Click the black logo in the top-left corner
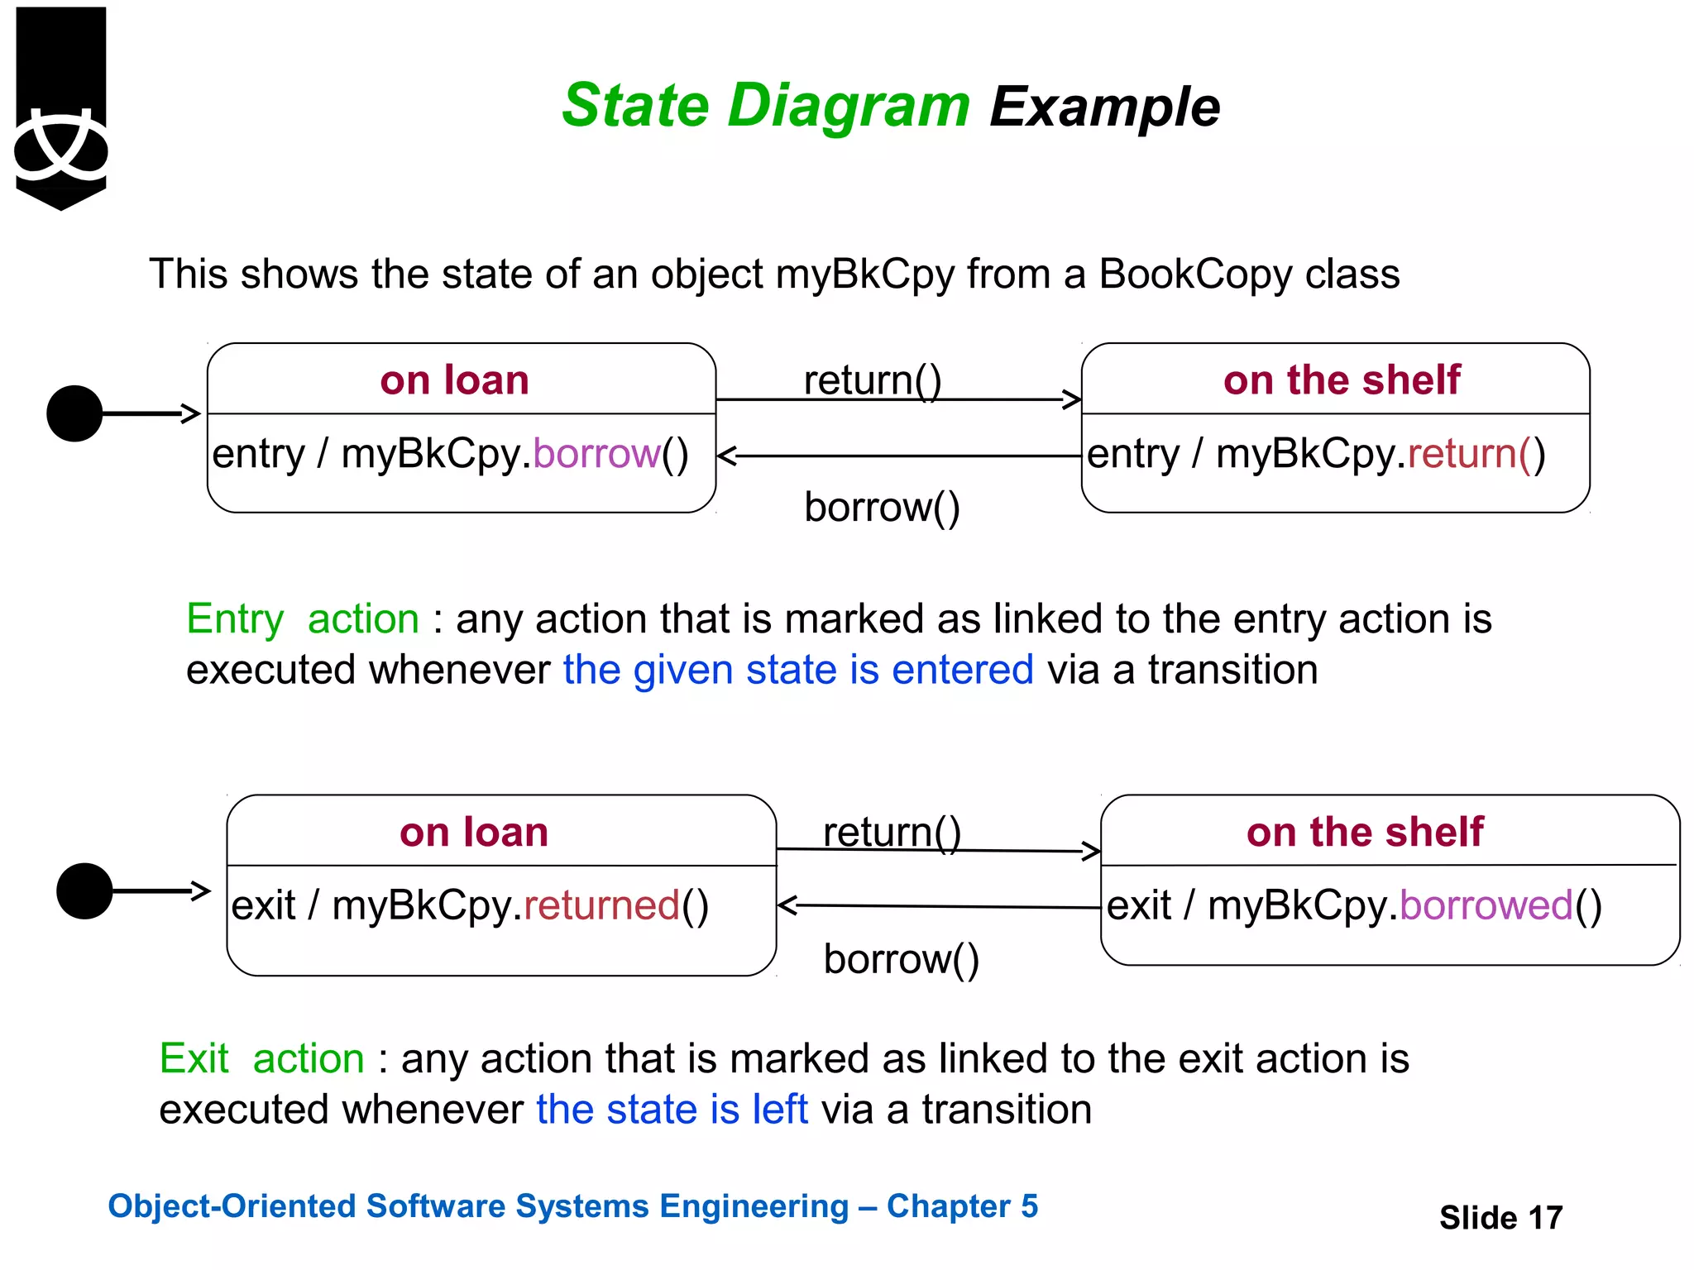61,107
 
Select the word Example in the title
1104,107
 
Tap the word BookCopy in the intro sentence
1194,275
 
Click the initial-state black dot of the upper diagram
74,413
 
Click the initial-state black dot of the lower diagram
84,890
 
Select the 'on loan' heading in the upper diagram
454,380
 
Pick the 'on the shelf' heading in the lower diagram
1365,832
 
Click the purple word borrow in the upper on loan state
596,454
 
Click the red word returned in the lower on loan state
601,905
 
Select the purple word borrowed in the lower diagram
1486,905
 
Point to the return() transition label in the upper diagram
873,380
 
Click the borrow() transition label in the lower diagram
901,959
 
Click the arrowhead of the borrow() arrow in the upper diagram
726,456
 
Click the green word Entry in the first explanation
235,619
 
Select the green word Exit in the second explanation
194,1059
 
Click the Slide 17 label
1500,1218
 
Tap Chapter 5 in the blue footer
962,1206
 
